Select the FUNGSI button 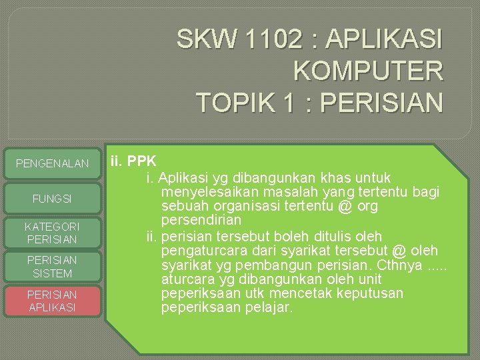(x=53, y=199)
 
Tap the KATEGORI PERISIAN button (x=53, y=233)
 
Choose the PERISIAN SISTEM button (x=53, y=267)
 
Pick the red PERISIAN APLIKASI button (x=53, y=301)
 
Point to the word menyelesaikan (x=207, y=192)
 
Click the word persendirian (x=201, y=220)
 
